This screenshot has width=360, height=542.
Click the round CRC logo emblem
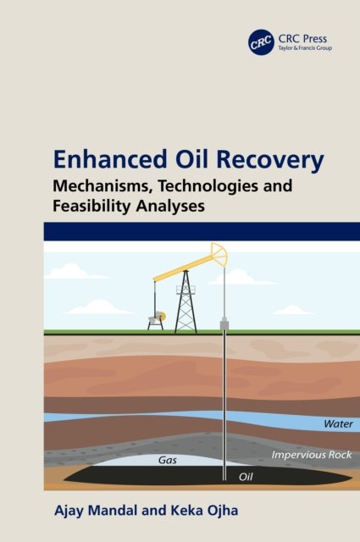click(261, 41)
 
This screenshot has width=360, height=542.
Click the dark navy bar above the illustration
click(180, 233)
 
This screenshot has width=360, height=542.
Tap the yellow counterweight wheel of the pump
click(158, 317)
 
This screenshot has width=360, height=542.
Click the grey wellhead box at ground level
click(224, 324)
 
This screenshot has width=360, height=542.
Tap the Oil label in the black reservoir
click(246, 477)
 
